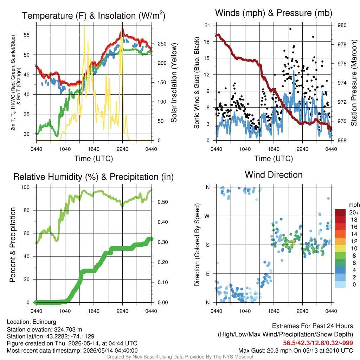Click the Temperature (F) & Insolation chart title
click(x=94, y=15)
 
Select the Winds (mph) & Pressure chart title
click(x=274, y=13)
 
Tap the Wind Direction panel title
click(x=274, y=175)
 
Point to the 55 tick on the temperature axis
click(x=27, y=35)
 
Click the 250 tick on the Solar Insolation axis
click(x=162, y=44)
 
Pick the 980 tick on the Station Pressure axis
click(x=342, y=25)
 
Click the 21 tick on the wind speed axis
click(x=207, y=25)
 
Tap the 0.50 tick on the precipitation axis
click(x=163, y=202)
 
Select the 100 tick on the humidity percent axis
click(x=25, y=187)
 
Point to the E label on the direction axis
click(x=208, y=274)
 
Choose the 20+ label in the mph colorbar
click(x=354, y=213)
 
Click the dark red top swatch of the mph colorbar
click(x=340, y=212)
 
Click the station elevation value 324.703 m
click(x=68, y=330)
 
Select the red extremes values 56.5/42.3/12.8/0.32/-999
click(x=318, y=343)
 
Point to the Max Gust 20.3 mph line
click(x=296, y=351)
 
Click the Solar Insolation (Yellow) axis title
click(x=174, y=83)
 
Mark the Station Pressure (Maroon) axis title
click(x=354, y=83)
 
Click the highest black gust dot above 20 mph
click(x=290, y=29)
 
